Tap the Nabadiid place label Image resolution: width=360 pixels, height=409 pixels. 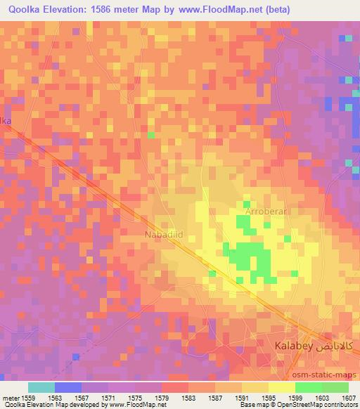pyautogui.click(x=165, y=233)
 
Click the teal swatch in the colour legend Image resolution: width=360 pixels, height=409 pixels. pyautogui.click(x=41, y=387)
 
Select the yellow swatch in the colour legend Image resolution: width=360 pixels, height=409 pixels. pyautogui.click(x=281, y=387)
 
